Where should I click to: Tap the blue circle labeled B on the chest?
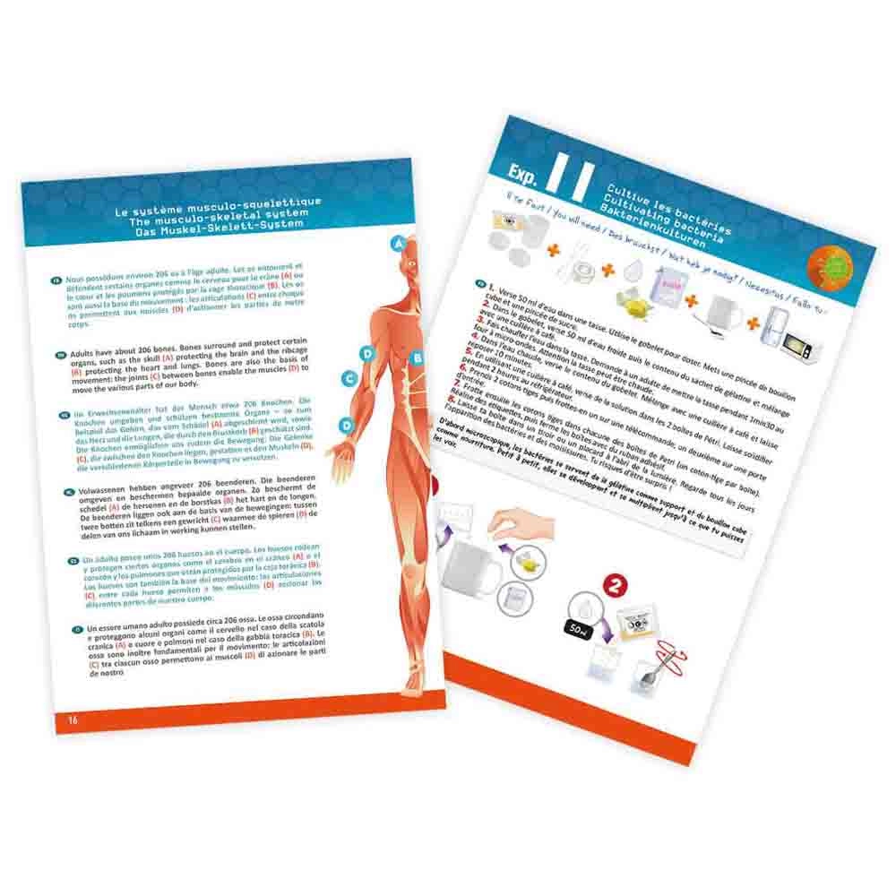point(416,358)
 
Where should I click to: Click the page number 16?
point(73,719)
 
